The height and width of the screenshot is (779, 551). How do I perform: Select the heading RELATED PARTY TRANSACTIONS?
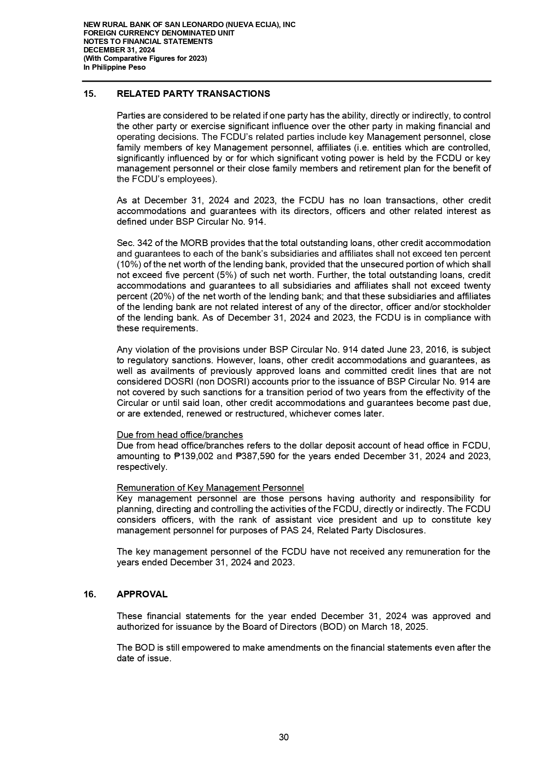pos(193,94)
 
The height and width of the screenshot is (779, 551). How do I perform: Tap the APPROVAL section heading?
pos(142,594)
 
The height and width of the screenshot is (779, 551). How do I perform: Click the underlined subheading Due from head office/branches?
pos(179,435)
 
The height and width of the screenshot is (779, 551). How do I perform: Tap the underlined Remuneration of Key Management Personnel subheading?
pos(210,488)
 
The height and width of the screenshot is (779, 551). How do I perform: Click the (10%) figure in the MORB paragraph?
pos(127,264)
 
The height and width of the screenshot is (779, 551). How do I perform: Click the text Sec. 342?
pos(134,243)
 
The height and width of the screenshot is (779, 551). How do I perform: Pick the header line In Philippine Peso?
pos(115,68)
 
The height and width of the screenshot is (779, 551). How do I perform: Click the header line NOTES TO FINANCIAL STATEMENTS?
pos(148,41)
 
